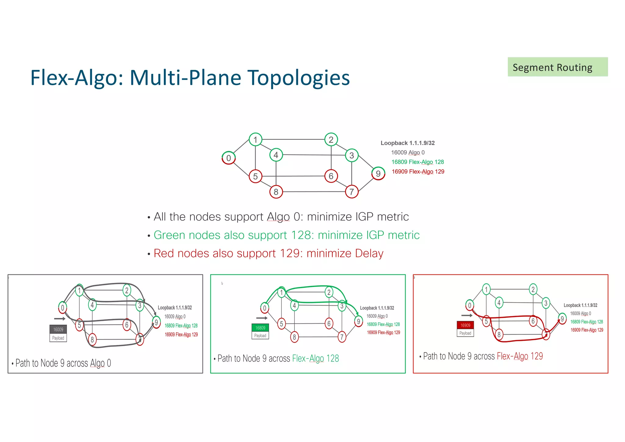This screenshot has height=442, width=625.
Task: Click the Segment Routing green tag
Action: click(557, 67)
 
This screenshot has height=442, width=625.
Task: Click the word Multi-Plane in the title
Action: click(185, 78)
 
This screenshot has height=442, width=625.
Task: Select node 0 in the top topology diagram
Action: click(229, 158)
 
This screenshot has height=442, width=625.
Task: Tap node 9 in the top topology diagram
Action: click(378, 173)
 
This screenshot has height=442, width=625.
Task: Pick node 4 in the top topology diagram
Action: click(276, 155)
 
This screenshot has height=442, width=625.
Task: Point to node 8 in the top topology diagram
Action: click(276, 192)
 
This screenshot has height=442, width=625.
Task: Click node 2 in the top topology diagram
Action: click(331, 140)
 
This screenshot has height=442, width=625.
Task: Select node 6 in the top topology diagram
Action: click(331, 176)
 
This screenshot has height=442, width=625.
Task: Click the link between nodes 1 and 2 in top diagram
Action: click(293, 139)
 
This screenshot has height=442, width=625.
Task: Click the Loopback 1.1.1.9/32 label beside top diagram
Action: click(407, 143)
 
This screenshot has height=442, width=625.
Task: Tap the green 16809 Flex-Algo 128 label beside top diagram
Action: click(417, 162)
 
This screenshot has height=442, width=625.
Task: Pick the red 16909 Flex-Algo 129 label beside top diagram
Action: click(418, 172)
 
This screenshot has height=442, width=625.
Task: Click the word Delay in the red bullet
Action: click(369, 253)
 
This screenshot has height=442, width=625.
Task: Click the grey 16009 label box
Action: click(58, 329)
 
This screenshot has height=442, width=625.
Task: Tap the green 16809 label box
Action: click(260, 328)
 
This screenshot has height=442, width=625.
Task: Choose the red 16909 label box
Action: click(465, 325)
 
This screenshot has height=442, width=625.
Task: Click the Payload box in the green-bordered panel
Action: click(260, 336)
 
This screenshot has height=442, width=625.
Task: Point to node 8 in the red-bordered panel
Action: click(499, 335)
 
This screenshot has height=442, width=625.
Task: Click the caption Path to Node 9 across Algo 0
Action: click(63, 363)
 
